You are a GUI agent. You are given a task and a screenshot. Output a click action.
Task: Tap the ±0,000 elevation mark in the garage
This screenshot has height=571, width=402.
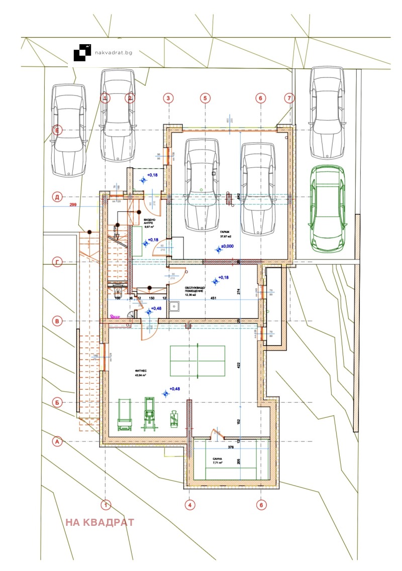pos(229,247)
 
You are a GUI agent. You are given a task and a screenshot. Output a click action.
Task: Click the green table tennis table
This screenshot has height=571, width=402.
pos(197,361)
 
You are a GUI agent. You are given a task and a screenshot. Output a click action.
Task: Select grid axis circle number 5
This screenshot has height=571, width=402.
pos(205,98)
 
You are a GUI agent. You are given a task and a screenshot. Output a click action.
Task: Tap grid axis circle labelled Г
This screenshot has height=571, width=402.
pos(57,262)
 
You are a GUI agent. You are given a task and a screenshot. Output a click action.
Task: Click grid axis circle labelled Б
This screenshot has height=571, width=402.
pos(57,402)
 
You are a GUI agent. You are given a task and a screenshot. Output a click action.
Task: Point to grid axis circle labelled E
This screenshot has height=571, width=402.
pos(57,131)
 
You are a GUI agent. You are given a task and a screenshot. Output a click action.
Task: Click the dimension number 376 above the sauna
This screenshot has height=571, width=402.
pos(231,447)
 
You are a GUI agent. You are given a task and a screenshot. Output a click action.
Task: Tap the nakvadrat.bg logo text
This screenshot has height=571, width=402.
pos(114,52)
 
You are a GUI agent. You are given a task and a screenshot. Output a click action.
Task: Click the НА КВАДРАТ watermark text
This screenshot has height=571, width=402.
pos(99,522)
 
